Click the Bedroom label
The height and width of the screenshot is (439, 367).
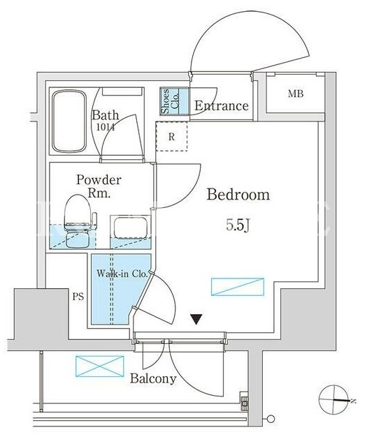238,194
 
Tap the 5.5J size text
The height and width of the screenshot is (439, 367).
238,225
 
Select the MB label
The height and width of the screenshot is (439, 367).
296,94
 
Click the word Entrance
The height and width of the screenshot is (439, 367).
222,105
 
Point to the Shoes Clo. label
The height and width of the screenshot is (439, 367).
171,101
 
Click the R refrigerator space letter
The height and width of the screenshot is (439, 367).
171,137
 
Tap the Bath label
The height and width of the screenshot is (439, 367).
106,115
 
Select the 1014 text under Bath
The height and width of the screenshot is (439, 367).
106,128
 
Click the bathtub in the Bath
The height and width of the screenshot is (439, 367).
69,121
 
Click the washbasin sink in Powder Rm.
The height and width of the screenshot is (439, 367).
130,227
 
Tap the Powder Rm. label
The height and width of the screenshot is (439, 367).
99,186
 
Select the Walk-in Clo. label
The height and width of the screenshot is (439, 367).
122,274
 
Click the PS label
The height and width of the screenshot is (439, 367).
78,297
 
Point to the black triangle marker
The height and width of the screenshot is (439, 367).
196,320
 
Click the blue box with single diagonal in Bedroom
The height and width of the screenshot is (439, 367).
238,287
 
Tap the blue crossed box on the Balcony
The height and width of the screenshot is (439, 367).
99,366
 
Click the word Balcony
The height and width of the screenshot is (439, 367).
153,379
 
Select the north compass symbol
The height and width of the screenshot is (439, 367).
335,400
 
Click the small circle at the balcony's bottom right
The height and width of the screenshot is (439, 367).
271,419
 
